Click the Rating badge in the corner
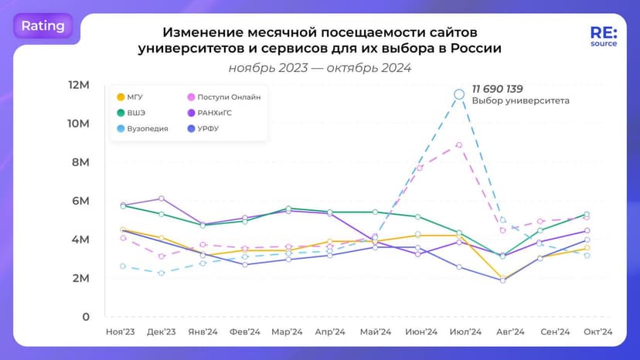tap(43, 25)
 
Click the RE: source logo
tap(603, 36)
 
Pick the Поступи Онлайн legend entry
tap(223, 97)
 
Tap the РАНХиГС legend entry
tap(215, 113)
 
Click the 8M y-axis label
tap(80, 162)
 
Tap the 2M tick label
tap(80, 278)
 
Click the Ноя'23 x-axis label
tap(121, 331)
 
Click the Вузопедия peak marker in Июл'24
tap(459, 94)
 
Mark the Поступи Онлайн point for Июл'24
tap(459, 144)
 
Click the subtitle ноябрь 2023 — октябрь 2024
tap(319, 67)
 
